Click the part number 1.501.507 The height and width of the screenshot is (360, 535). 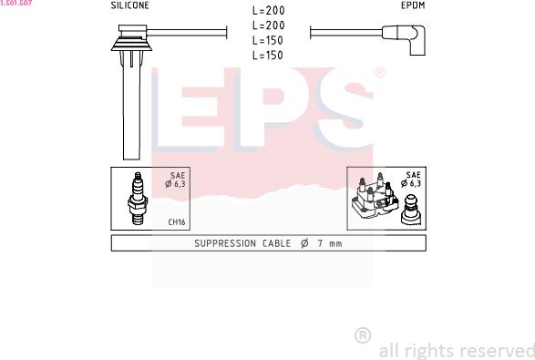click(x=16, y=4)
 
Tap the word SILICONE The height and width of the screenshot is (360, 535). click(x=130, y=5)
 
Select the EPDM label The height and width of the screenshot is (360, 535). click(x=413, y=5)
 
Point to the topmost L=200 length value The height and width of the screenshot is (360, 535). click(x=267, y=12)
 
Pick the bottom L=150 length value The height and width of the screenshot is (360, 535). click(x=267, y=56)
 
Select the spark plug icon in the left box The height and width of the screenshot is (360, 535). click(x=138, y=198)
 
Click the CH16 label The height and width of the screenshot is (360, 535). click(x=177, y=221)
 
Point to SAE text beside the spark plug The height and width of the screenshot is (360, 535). click(x=178, y=175)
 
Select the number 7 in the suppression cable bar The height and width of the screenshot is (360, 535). click(x=319, y=243)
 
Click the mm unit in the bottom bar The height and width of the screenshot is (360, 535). click(x=334, y=243)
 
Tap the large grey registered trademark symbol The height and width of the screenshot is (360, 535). click(x=362, y=335)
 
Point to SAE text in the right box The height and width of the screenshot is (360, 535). click(x=413, y=175)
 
